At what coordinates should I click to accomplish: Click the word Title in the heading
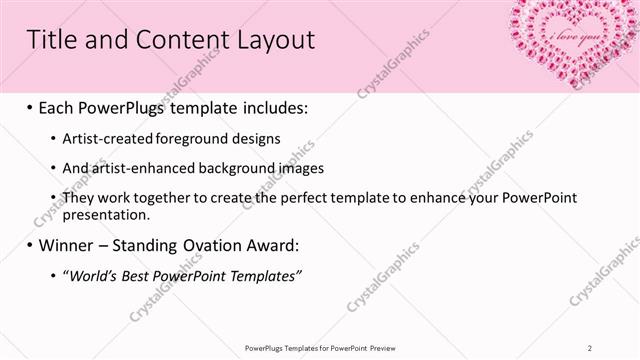pyautogui.click(x=50, y=40)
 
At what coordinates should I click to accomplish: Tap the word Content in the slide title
pyautogui.click(x=174, y=40)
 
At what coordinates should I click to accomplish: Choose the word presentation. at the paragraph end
pyautogui.click(x=107, y=214)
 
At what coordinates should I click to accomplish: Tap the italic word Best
pyautogui.click(x=137, y=276)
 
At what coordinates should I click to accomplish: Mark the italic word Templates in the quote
pyautogui.click(x=264, y=276)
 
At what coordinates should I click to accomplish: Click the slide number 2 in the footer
pyautogui.click(x=591, y=347)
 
